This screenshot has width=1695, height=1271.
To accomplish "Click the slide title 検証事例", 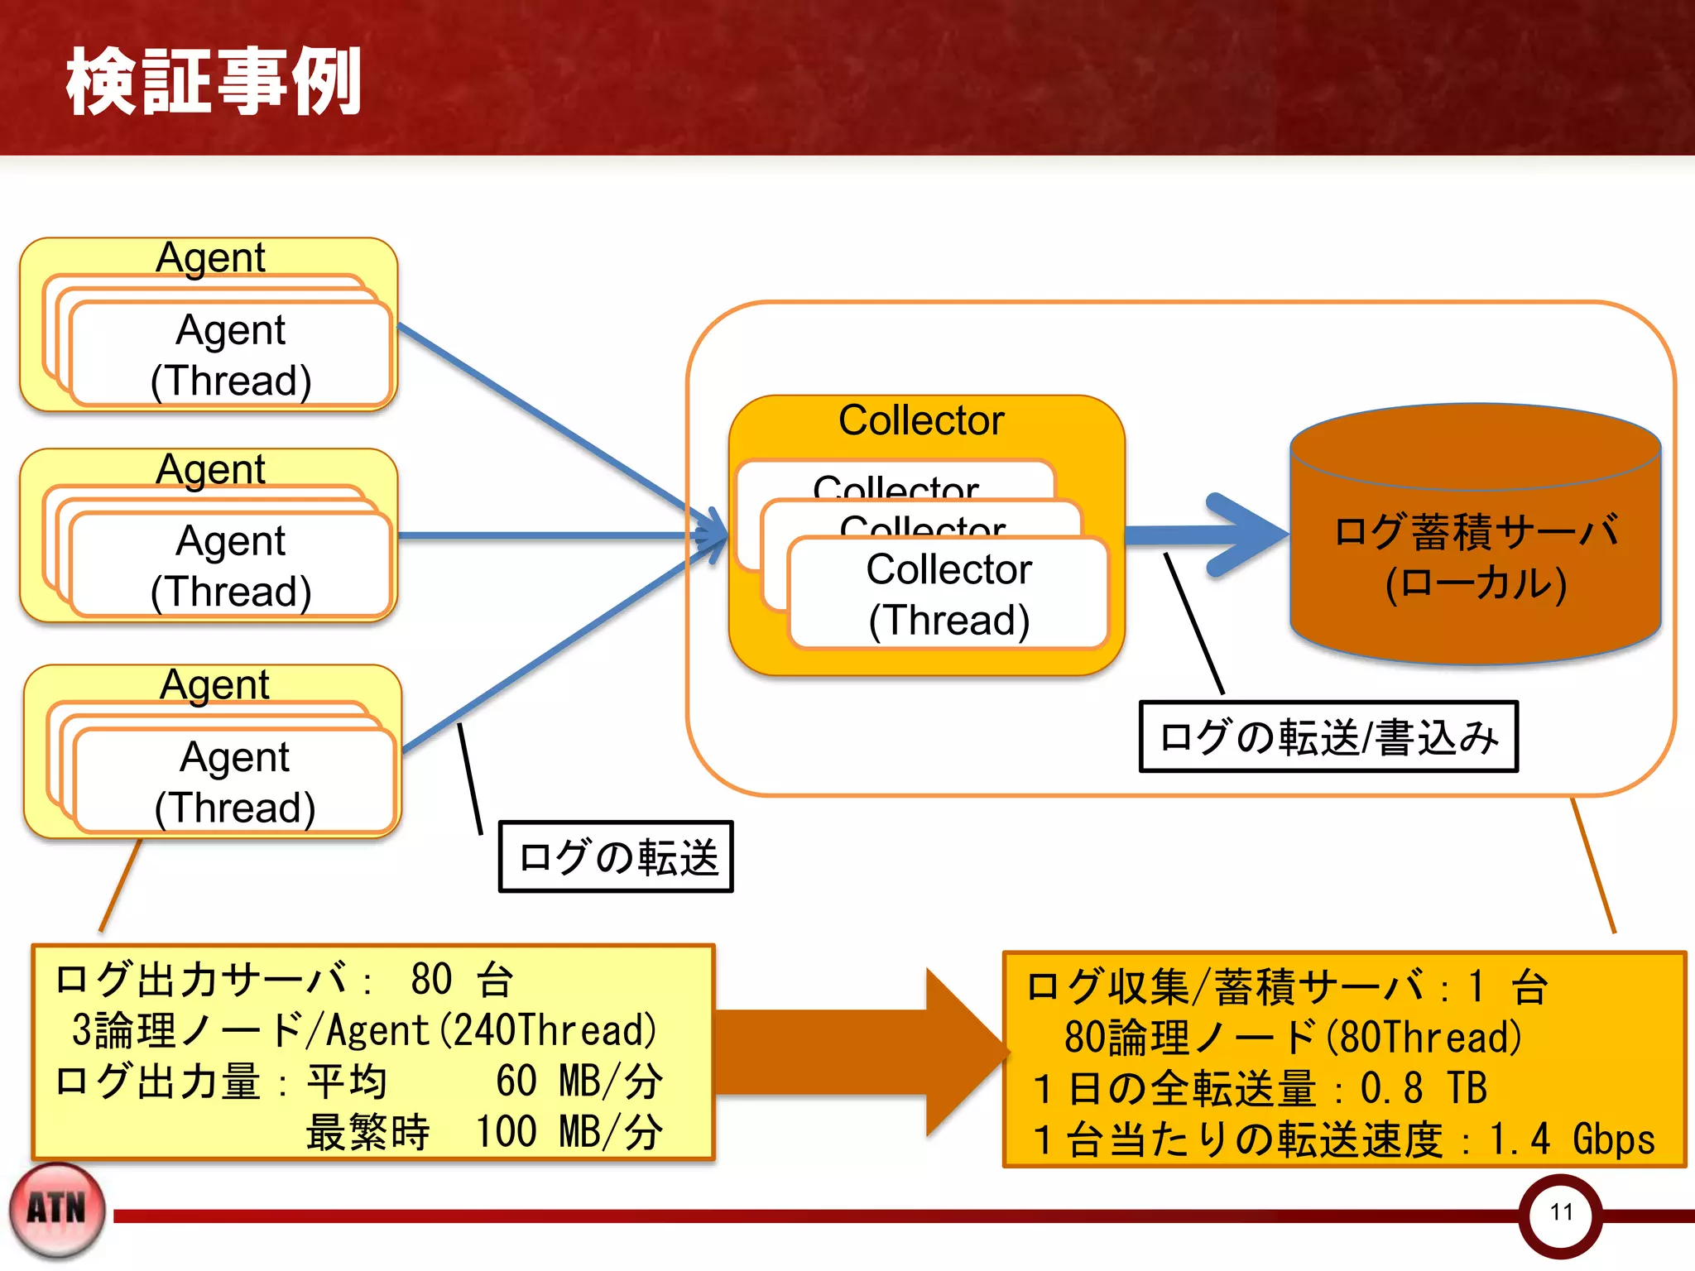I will click(x=214, y=81).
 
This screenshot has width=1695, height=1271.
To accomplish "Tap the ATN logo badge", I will click(x=57, y=1210).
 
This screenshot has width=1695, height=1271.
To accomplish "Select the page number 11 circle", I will click(x=1560, y=1213).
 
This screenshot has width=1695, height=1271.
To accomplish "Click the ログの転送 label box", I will click(x=616, y=856).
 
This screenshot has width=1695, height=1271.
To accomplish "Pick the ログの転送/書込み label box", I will click(x=1328, y=736).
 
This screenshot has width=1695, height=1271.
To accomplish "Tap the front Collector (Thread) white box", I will click(x=948, y=593).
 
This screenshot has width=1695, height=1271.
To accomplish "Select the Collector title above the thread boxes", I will click(x=920, y=420).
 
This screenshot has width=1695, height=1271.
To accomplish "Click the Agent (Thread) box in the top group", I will click(x=231, y=354).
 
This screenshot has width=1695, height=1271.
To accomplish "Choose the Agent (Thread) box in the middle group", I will click(x=231, y=565).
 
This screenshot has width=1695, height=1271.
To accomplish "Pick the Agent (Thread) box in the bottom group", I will click(x=235, y=781).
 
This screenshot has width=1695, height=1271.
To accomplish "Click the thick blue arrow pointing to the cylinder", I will click(x=1208, y=535).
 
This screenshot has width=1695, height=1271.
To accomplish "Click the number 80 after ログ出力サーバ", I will click(x=431, y=980).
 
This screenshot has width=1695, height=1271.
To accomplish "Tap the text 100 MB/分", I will click(x=569, y=1132).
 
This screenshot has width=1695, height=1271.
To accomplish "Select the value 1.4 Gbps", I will click(x=1571, y=1139).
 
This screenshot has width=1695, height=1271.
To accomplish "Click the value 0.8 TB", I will click(x=1424, y=1088).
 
